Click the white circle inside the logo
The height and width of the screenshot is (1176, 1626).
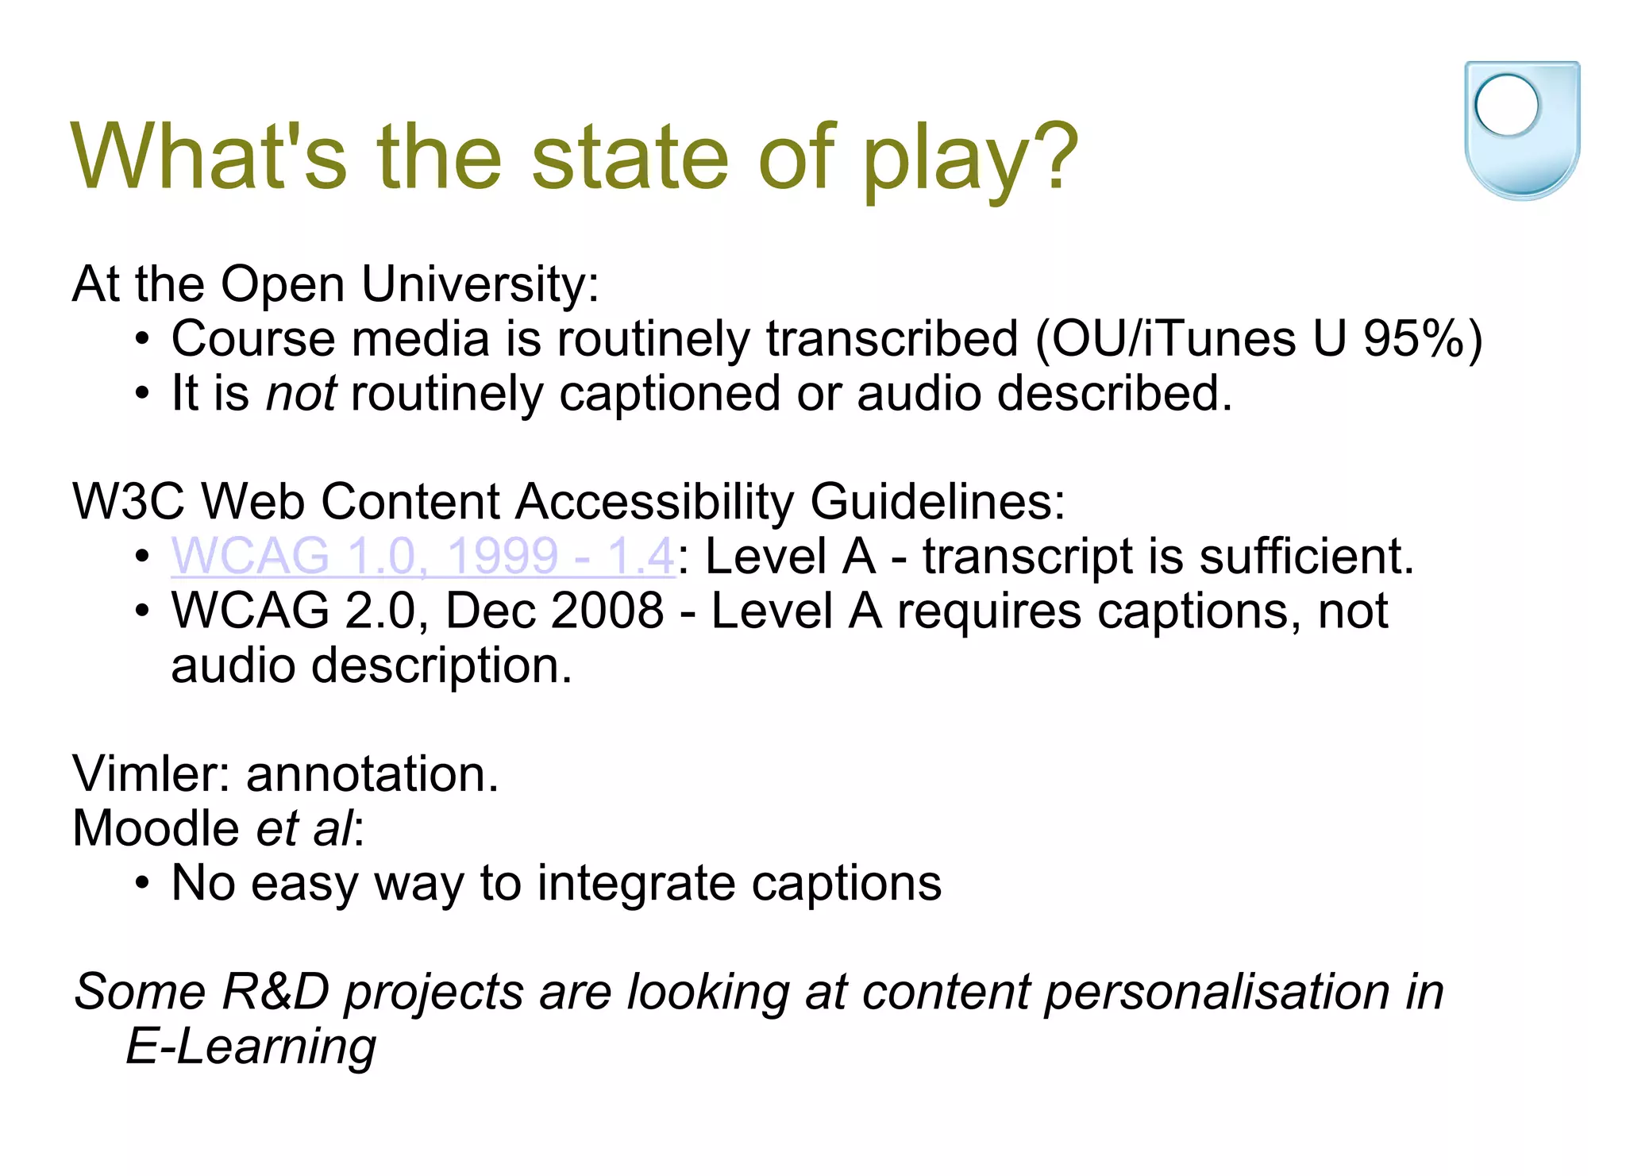(x=1506, y=105)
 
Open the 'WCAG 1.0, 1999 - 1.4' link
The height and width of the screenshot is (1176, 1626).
(x=423, y=556)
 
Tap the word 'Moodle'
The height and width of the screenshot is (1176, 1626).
(x=156, y=829)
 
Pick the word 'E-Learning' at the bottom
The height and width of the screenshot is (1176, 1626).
(x=251, y=1047)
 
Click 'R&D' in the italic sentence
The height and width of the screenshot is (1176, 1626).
(x=275, y=993)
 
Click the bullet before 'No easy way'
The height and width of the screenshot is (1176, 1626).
(x=141, y=884)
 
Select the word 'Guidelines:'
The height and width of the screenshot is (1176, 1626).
(x=937, y=502)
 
